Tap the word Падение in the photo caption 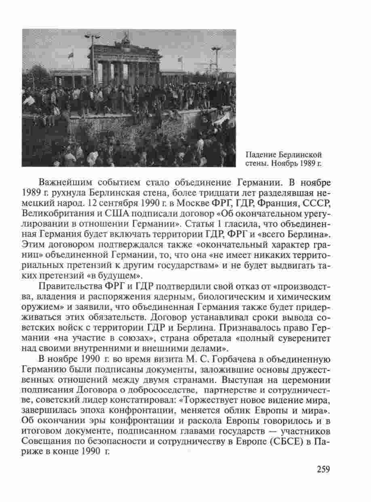[x=259, y=155]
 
